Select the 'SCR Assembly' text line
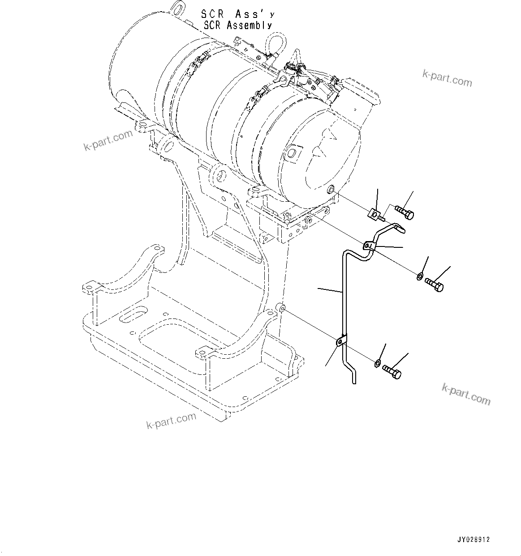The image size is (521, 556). coord(237,25)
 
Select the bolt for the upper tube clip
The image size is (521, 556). coord(434,284)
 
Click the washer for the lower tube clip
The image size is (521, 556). coord(378,363)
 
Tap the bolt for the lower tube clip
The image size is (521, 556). coord(392,372)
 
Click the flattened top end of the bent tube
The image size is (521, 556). coord(398,229)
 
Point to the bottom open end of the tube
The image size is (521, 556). coord(353,381)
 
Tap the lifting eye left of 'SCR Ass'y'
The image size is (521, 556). coord(177,8)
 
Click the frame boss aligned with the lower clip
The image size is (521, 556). coord(281,307)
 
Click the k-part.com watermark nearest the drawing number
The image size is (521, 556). coord(466,393)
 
